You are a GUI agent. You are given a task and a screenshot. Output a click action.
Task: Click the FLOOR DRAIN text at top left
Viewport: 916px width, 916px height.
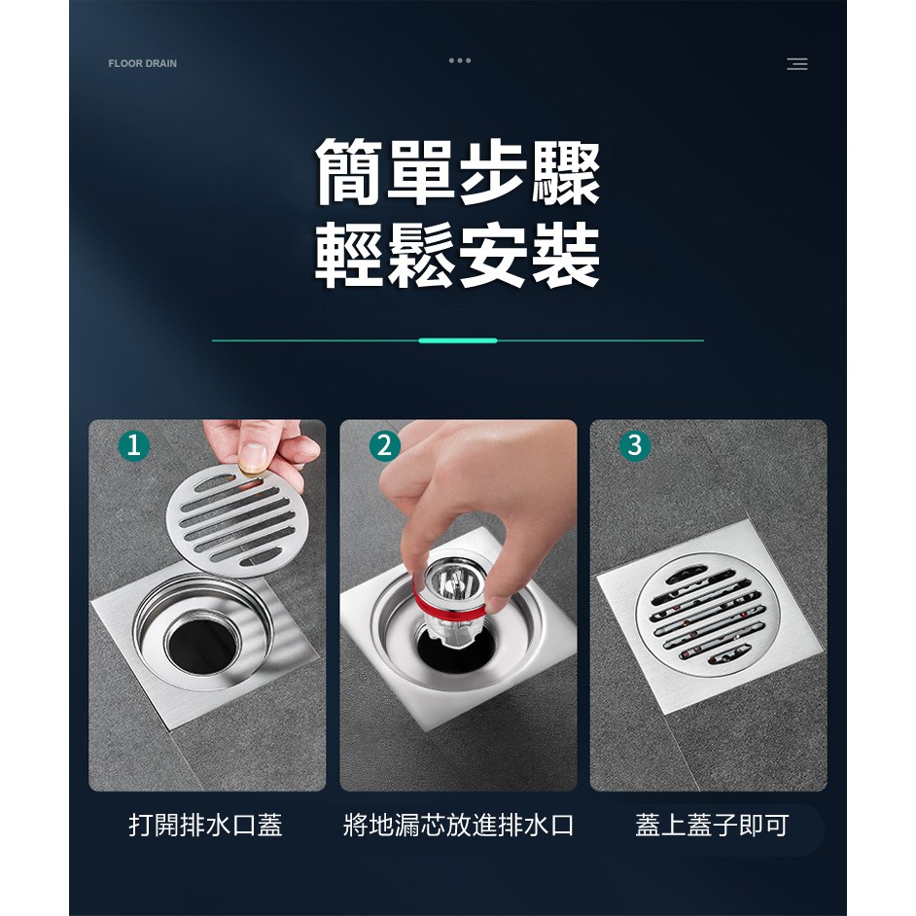(x=143, y=63)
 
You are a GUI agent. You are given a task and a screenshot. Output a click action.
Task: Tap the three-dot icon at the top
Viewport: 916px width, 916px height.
(x=460, y=60)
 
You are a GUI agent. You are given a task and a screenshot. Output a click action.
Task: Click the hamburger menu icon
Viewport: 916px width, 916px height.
(x=796, y=63)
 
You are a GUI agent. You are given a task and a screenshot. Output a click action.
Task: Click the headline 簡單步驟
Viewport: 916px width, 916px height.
(x=457, y=172)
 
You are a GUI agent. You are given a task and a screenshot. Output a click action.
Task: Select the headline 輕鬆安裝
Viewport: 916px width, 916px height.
(x=457, y=256)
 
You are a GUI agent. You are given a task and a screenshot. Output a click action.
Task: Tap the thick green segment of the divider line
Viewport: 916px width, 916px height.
(x=458, y=340)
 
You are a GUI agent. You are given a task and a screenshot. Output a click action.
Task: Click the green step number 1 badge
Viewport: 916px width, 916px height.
(x=134, y=445)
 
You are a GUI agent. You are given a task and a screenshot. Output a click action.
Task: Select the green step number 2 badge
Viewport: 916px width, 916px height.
(x=385, y=445)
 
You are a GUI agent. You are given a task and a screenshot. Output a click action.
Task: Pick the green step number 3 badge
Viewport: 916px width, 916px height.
(x=635, y=445)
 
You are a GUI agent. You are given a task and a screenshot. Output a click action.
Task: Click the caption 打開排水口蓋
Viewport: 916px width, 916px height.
(x=205, y=825)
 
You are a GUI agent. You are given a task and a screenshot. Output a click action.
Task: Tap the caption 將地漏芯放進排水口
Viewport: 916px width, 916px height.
(x=459, y=825)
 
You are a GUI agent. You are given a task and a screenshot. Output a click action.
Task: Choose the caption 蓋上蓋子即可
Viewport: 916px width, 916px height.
(x=712, y=825)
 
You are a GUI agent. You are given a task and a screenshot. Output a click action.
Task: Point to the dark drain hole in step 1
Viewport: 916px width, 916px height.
(x=202, y=646)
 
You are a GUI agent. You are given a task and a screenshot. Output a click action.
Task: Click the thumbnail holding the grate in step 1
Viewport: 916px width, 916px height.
(x=254, y=457)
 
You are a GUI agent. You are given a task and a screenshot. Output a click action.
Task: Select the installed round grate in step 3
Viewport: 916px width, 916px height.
(x=708, y=612)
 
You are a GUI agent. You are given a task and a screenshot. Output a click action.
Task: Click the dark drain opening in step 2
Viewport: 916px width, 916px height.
(x=457, y=649)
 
